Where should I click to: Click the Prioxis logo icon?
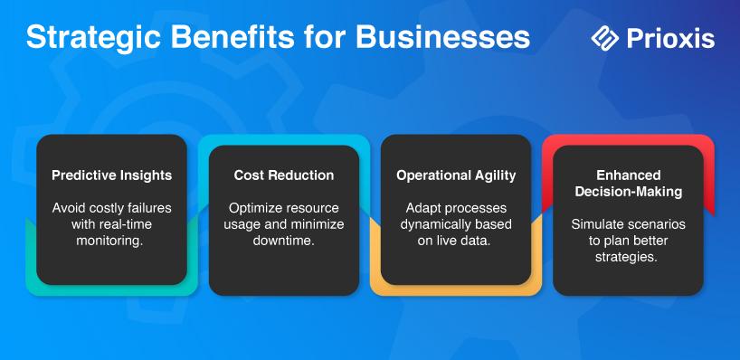(x=605, y=38)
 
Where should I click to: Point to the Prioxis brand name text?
(x=670, y=38)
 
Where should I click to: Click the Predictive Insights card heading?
(x=112, y=175)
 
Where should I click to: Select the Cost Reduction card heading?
(x=284, y=175)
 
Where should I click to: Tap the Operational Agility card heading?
(x=456, y=175)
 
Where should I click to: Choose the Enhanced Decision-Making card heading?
(x=628, y=184)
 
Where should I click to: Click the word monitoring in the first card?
(x=109, y=241)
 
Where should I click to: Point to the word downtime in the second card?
(x=284, y=240)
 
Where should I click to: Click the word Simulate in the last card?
(x=594, y=224)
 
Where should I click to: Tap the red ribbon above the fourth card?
(x=628, y=139)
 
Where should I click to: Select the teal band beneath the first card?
(x=112, y=289)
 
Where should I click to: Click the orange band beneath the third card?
(x=456, y=289)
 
